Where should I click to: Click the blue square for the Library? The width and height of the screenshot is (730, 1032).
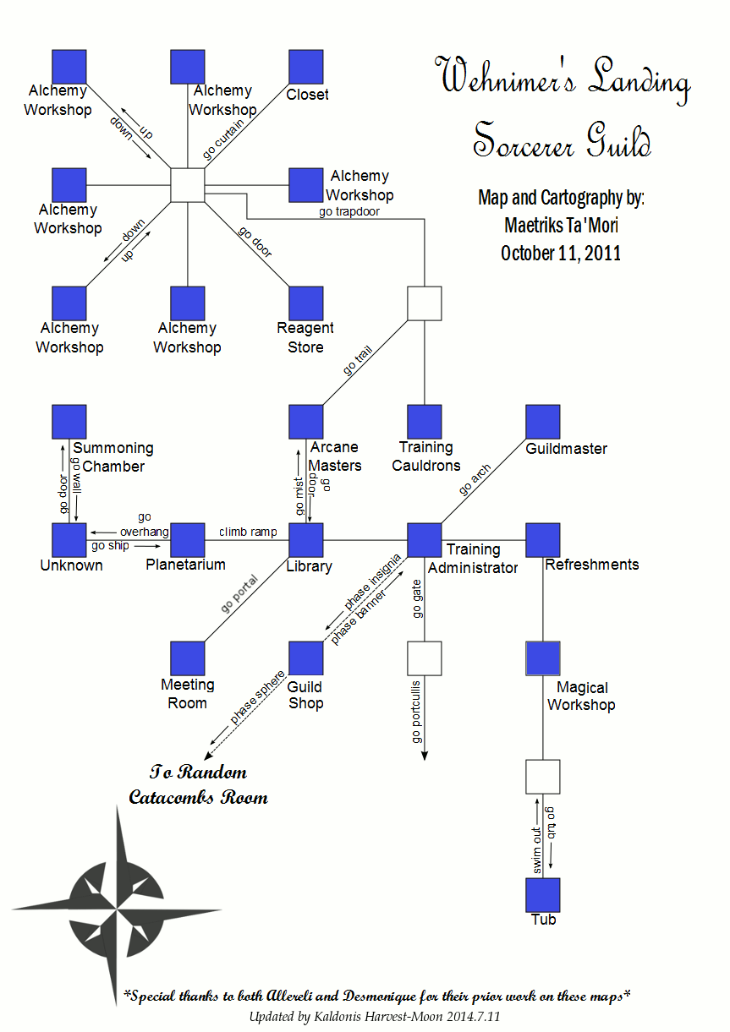[x=306, y=540]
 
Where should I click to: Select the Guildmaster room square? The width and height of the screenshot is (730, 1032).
[x=543, y=422]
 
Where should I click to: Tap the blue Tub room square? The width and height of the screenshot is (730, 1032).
[x=543, y=895]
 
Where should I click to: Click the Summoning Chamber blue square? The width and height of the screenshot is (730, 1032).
[x=69, y=422]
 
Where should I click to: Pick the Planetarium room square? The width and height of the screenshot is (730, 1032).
[x=188, y=540]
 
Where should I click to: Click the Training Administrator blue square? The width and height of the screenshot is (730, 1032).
[x=425, y=540]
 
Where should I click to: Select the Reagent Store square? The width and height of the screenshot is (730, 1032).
[x=306, y=303]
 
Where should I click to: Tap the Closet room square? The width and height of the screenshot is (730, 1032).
[x=306, y=67]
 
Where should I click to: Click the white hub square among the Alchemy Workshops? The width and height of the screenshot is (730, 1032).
[x=188, y=185]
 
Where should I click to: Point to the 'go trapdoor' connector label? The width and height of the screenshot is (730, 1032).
[x=349, y=211]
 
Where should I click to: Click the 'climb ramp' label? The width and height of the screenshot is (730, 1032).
[x=248, y=532]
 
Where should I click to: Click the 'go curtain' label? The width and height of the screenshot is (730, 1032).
[x=224, y=138]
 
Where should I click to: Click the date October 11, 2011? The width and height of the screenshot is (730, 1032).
[x=561, y=253]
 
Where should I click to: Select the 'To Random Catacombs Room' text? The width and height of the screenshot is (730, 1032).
[x=198, y=784]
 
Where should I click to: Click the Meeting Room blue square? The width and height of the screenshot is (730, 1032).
[x=188, y=658]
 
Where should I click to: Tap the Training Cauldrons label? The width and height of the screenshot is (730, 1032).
[x=426, y=456]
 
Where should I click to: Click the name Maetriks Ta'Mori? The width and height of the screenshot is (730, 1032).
[x=561, y=226]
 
